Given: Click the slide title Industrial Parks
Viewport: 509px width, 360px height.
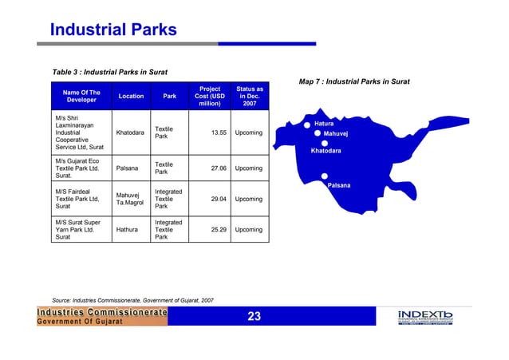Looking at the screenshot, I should point(112,30).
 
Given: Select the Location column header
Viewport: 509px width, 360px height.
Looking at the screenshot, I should point(131,97).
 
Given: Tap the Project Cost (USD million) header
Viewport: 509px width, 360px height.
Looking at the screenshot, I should point(209,96).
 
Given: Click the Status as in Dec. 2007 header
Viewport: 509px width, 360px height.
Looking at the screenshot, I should point(250,96).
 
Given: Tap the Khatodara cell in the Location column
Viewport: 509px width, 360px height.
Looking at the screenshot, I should point(130,133).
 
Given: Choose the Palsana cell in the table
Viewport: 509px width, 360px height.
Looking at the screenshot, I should point(128,168).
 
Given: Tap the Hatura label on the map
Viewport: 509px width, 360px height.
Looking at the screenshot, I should point(324,124).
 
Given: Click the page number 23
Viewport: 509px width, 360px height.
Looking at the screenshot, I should point(254,317).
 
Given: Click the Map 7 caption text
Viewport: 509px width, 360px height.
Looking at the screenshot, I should point(354,81).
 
